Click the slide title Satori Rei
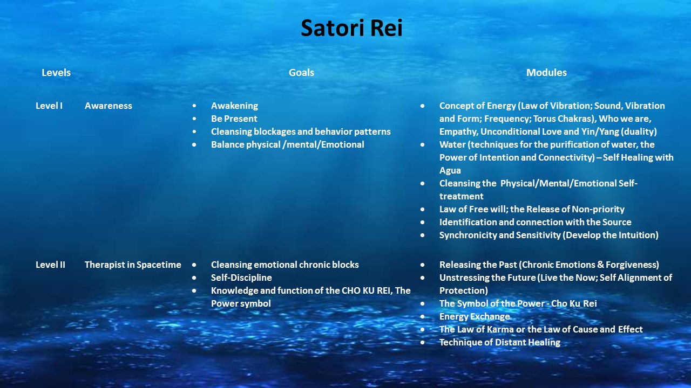(351, 27)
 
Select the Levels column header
(56, 73)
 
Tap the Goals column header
(301, 73)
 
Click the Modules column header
(546, 73)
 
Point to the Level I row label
(49, 106)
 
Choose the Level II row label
(50, 265)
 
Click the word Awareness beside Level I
(109, 106)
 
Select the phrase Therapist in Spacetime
(133, 265)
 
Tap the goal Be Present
(234, 119)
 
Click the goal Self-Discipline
(241, 278)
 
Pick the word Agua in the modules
(450, 171)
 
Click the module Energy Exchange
(475, 316)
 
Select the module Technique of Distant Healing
(500, 342)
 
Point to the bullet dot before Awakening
(194, 106)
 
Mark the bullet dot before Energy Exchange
(422, 316)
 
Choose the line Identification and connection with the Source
(535, 223)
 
